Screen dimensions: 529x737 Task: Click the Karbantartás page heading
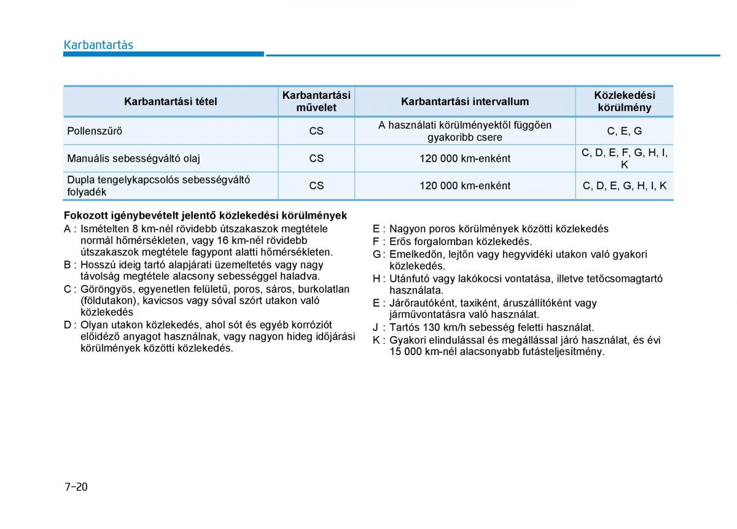pos(98,45)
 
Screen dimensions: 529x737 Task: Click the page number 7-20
pos(76,487)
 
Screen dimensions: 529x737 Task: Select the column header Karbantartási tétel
pos(170,101)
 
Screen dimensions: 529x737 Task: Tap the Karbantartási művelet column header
pos(316,101)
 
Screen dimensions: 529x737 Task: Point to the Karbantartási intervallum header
pos(465,101)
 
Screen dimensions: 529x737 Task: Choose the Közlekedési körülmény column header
pos(624,101)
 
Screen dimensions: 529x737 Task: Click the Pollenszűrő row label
pos(95,131)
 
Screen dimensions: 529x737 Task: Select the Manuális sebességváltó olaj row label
pos(133,159)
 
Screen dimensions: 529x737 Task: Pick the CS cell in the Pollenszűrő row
pos(316,131)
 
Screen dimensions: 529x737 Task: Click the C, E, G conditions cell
pos(624,131)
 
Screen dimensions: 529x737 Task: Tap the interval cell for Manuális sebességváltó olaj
pos(465,159)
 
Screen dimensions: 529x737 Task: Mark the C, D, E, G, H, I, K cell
pos(624,186)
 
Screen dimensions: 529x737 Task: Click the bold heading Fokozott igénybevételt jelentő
pos(205,216)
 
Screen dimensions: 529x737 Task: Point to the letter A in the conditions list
pos(68,229)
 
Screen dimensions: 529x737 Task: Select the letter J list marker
pos(376,327)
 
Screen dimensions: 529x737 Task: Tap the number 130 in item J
pos(430,327)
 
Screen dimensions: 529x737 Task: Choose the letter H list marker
pos(376,278)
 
